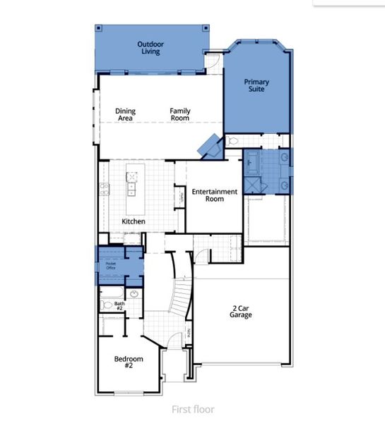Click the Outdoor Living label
pyautogui.click(x=149, y=47)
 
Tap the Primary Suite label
pyautogui.click(x=256, y=86)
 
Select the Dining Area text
pyautogui.click(x=126, y=114)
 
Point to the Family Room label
pyautogui.click(x=179, y=114)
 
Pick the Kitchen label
pyautogui.click(x=134, y=221)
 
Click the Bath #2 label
pyautogui.click(x=119, y=306)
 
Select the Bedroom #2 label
pyautogui.click(x=129, y=362)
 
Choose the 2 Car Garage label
pyautogui.click(x=240, y=311)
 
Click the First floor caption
pyautogui.click(x=192, y=409)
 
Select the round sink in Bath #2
pyautogui.click(x=134, y=295)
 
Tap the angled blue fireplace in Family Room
pyautogui.click(x=208, y=146)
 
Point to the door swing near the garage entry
pyautogui.click(x=203, y=255)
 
